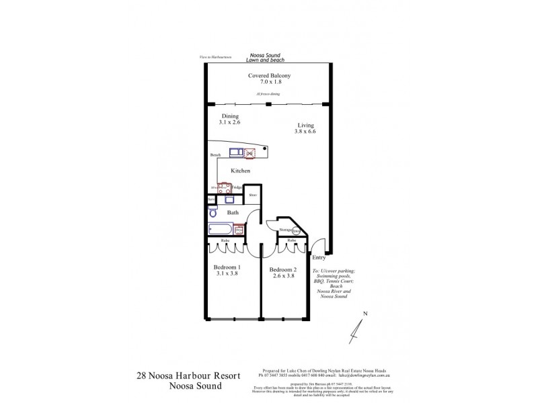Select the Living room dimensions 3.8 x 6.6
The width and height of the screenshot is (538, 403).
pos(305,132)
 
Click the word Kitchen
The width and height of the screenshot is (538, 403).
pos(241,171)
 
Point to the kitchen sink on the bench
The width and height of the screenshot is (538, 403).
pos(236,152)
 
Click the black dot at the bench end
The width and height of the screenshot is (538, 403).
pos(266,148)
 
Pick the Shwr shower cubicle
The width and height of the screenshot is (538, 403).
pos(253,196)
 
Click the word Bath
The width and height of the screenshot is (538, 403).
pos(233,213)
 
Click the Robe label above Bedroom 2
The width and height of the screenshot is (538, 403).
pos(292,240)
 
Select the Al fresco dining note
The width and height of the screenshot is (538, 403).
pos(268,94)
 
